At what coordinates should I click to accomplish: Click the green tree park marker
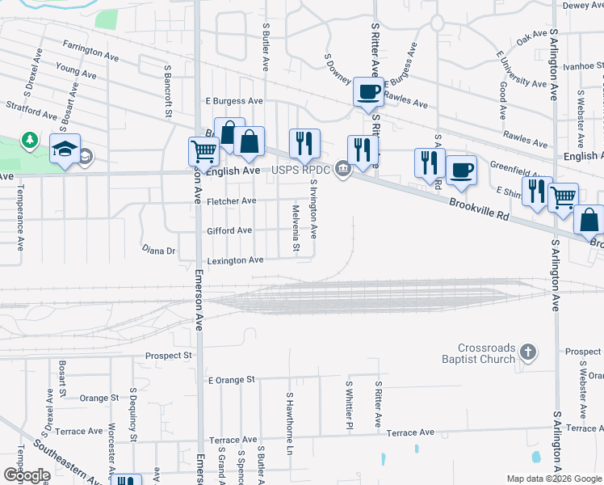pyautogui.click(x=30, y=141)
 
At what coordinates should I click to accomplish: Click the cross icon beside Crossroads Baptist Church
pyautogui.click(x=528, y=352)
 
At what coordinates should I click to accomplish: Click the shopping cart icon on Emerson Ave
pyautogui.click(x=203, y=150)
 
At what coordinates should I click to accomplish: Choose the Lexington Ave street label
pyautogui.click(x=235, y=260)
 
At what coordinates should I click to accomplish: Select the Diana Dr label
pyautogui.click(x=158, y=251)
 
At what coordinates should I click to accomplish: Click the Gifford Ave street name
pyautogui.click(x=231, y=230)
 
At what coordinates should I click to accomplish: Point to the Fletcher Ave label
pyautogui.click(x=231, y=201)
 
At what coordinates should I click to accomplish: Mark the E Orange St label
pyautogui.click(x=231, y=379)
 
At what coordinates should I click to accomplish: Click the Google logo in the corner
pyautogui.click(x=27, y=475)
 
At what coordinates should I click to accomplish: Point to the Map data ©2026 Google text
pyautogui.click(x=554, y=479)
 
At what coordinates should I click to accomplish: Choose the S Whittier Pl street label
pyautogui.click(x=350, y=405)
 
